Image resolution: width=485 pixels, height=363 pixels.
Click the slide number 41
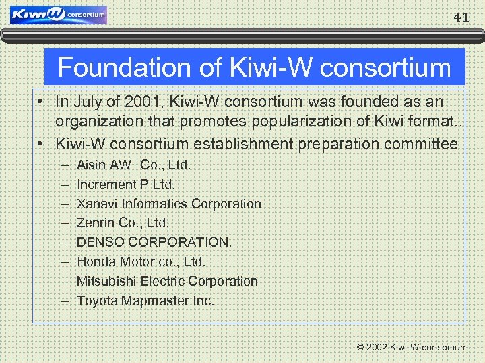click(461, 17)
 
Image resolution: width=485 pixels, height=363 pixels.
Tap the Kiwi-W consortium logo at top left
click(59, 14)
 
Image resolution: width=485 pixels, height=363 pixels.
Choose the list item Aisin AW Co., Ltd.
click(134, 165)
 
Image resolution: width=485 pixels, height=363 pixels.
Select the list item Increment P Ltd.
click(126, 184)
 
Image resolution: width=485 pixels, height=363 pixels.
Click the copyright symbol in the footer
click(360, 348)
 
